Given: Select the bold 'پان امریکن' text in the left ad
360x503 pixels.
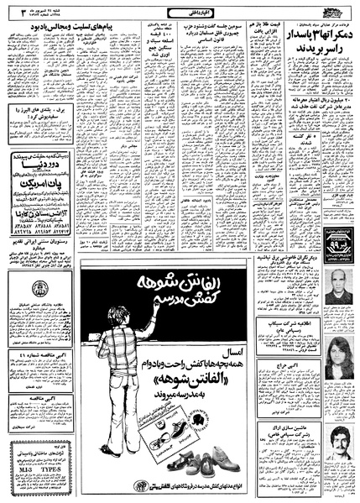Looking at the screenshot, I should [50, 180].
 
